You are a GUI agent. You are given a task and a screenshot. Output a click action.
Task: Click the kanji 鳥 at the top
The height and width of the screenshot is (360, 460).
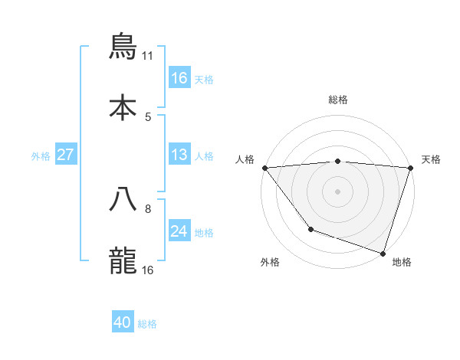[x=123, y=47]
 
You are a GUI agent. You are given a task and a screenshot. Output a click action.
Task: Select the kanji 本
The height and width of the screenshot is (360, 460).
[x=123, y=106]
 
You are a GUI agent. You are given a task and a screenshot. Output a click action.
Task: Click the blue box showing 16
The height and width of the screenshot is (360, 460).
[x=179, y=77]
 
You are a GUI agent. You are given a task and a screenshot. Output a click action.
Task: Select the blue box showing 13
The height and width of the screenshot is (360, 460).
[x=179, y=155]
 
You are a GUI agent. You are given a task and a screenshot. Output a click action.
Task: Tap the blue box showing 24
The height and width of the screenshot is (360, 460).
[x=179, y=231]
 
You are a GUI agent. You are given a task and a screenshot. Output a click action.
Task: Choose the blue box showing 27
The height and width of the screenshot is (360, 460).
[x=65, y=155]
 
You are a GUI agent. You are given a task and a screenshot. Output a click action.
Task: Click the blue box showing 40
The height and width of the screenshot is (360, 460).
[x=123, y=323]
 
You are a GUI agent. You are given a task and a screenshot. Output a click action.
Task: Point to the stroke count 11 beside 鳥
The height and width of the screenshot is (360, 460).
[x=148, y=56]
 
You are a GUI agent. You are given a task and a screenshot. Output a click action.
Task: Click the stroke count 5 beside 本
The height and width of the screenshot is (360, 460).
[x=148, y=116]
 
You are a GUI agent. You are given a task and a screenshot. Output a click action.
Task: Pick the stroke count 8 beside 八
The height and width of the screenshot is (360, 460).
[x=148, y=208]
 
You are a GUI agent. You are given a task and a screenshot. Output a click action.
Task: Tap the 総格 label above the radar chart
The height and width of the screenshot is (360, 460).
[x=338, y=100]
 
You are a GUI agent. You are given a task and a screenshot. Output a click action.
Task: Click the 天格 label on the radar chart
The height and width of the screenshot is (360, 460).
[x=431, y=159]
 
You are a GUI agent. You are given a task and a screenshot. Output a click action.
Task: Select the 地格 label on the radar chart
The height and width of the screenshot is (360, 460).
[x=402, y=262]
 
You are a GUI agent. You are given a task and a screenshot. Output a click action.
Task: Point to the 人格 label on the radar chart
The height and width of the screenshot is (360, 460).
[x=245, y=159]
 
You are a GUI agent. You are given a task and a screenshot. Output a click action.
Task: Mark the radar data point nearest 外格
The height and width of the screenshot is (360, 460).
[x=310, y=229]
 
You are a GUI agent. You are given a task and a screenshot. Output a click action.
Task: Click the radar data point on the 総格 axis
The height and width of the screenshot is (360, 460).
[x=338, y=161]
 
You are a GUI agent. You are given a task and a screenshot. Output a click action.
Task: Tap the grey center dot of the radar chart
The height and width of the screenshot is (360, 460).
[x=338, y=191]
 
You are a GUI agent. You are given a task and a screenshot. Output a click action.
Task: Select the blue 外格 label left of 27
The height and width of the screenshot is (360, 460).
[x=41, y=155]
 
